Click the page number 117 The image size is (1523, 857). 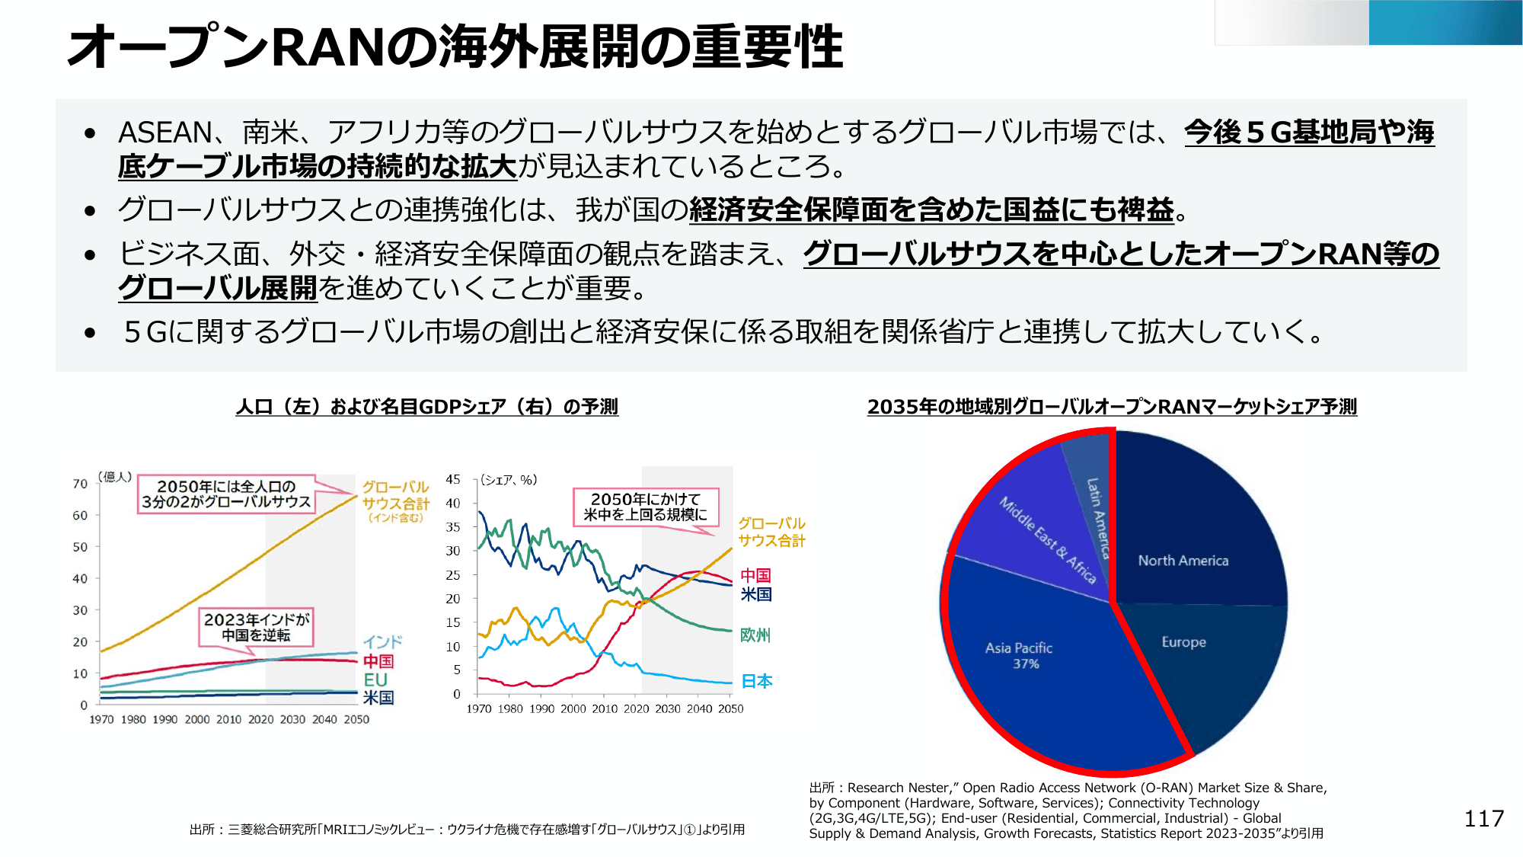tap(1483, 819)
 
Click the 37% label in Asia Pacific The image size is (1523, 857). tap(1026, 664)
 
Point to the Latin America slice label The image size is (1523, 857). tap(1097, 518)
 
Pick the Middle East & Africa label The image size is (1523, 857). tap(1047, 540)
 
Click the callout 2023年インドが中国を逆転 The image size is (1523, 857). tap(256, 627)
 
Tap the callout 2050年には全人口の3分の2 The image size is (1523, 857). tap(226, 494)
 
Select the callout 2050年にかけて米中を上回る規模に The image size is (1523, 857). tap(645, 507)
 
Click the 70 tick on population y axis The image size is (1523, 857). tap(80, 484)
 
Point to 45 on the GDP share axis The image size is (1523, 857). tap(453, 479)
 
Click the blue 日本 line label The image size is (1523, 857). tap(757, 681)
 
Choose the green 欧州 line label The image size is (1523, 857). tap(755, 635)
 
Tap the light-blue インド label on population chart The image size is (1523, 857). tap(382, 641)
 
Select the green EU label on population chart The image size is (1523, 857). tap(375, 680)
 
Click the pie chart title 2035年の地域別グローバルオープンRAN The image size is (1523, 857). tap(1112, 407)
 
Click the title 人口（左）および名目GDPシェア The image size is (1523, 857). tap(426, 407)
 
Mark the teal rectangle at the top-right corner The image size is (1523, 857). tap(1445, 23)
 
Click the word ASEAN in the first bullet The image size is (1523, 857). tap(165, 133)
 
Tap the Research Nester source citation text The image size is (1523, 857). tap(1066, 811)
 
